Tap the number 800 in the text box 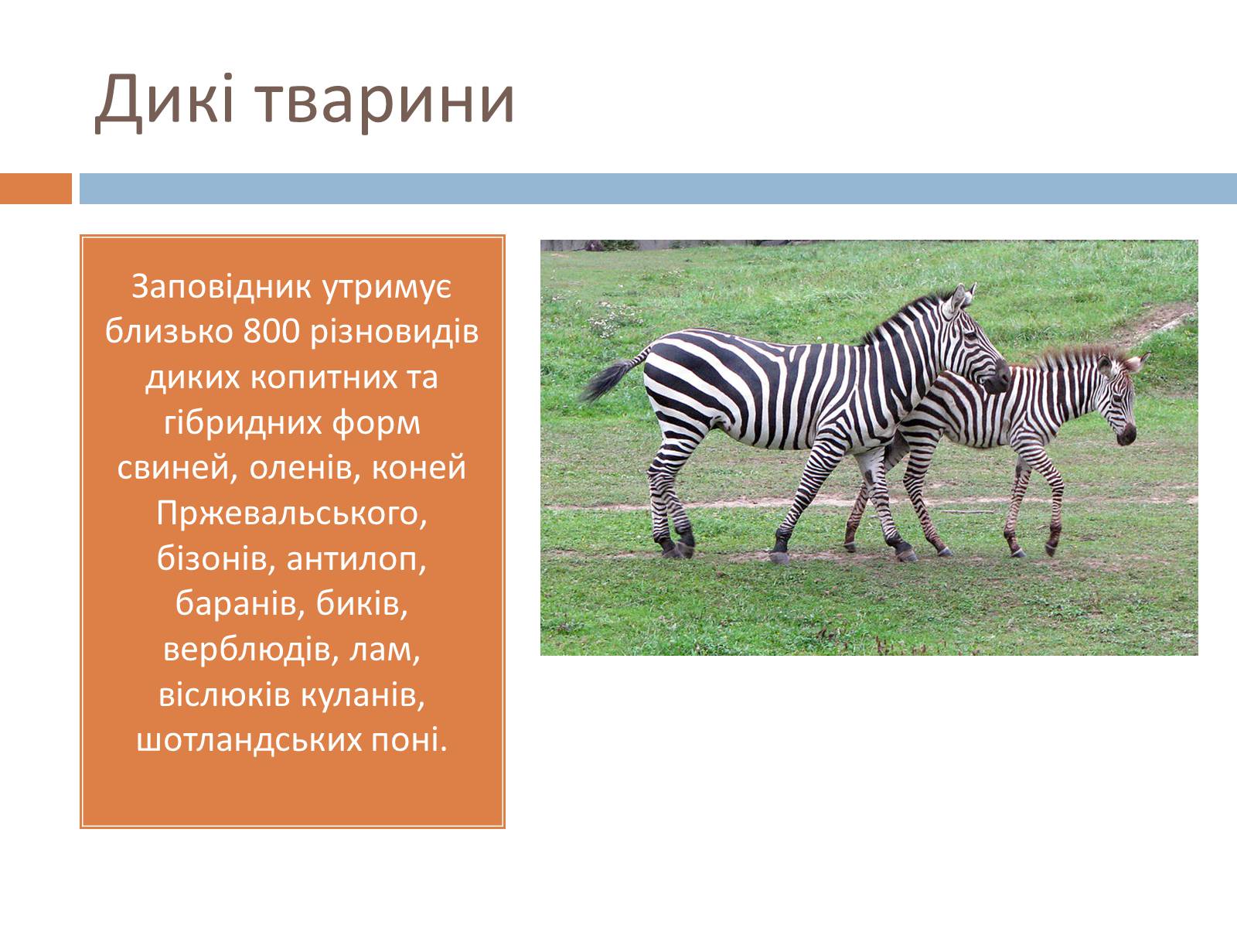271,332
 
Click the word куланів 363,697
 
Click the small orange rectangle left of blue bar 36,188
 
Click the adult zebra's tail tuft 606,381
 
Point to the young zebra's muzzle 1126,434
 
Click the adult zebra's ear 957,299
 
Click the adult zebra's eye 974,335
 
